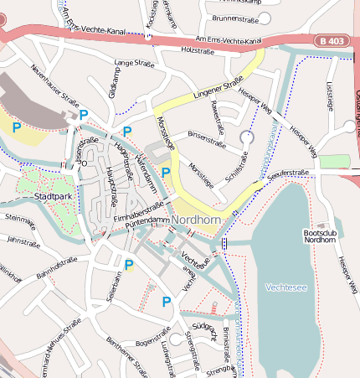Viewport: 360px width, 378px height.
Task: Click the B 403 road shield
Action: point(332,40)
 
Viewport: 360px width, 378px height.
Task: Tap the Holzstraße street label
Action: point(198,51)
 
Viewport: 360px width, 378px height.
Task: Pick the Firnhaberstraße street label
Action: point(137,212)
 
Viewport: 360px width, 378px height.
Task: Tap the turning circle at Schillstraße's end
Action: point(246,136)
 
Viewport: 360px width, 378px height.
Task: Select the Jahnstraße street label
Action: point(23,240)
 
